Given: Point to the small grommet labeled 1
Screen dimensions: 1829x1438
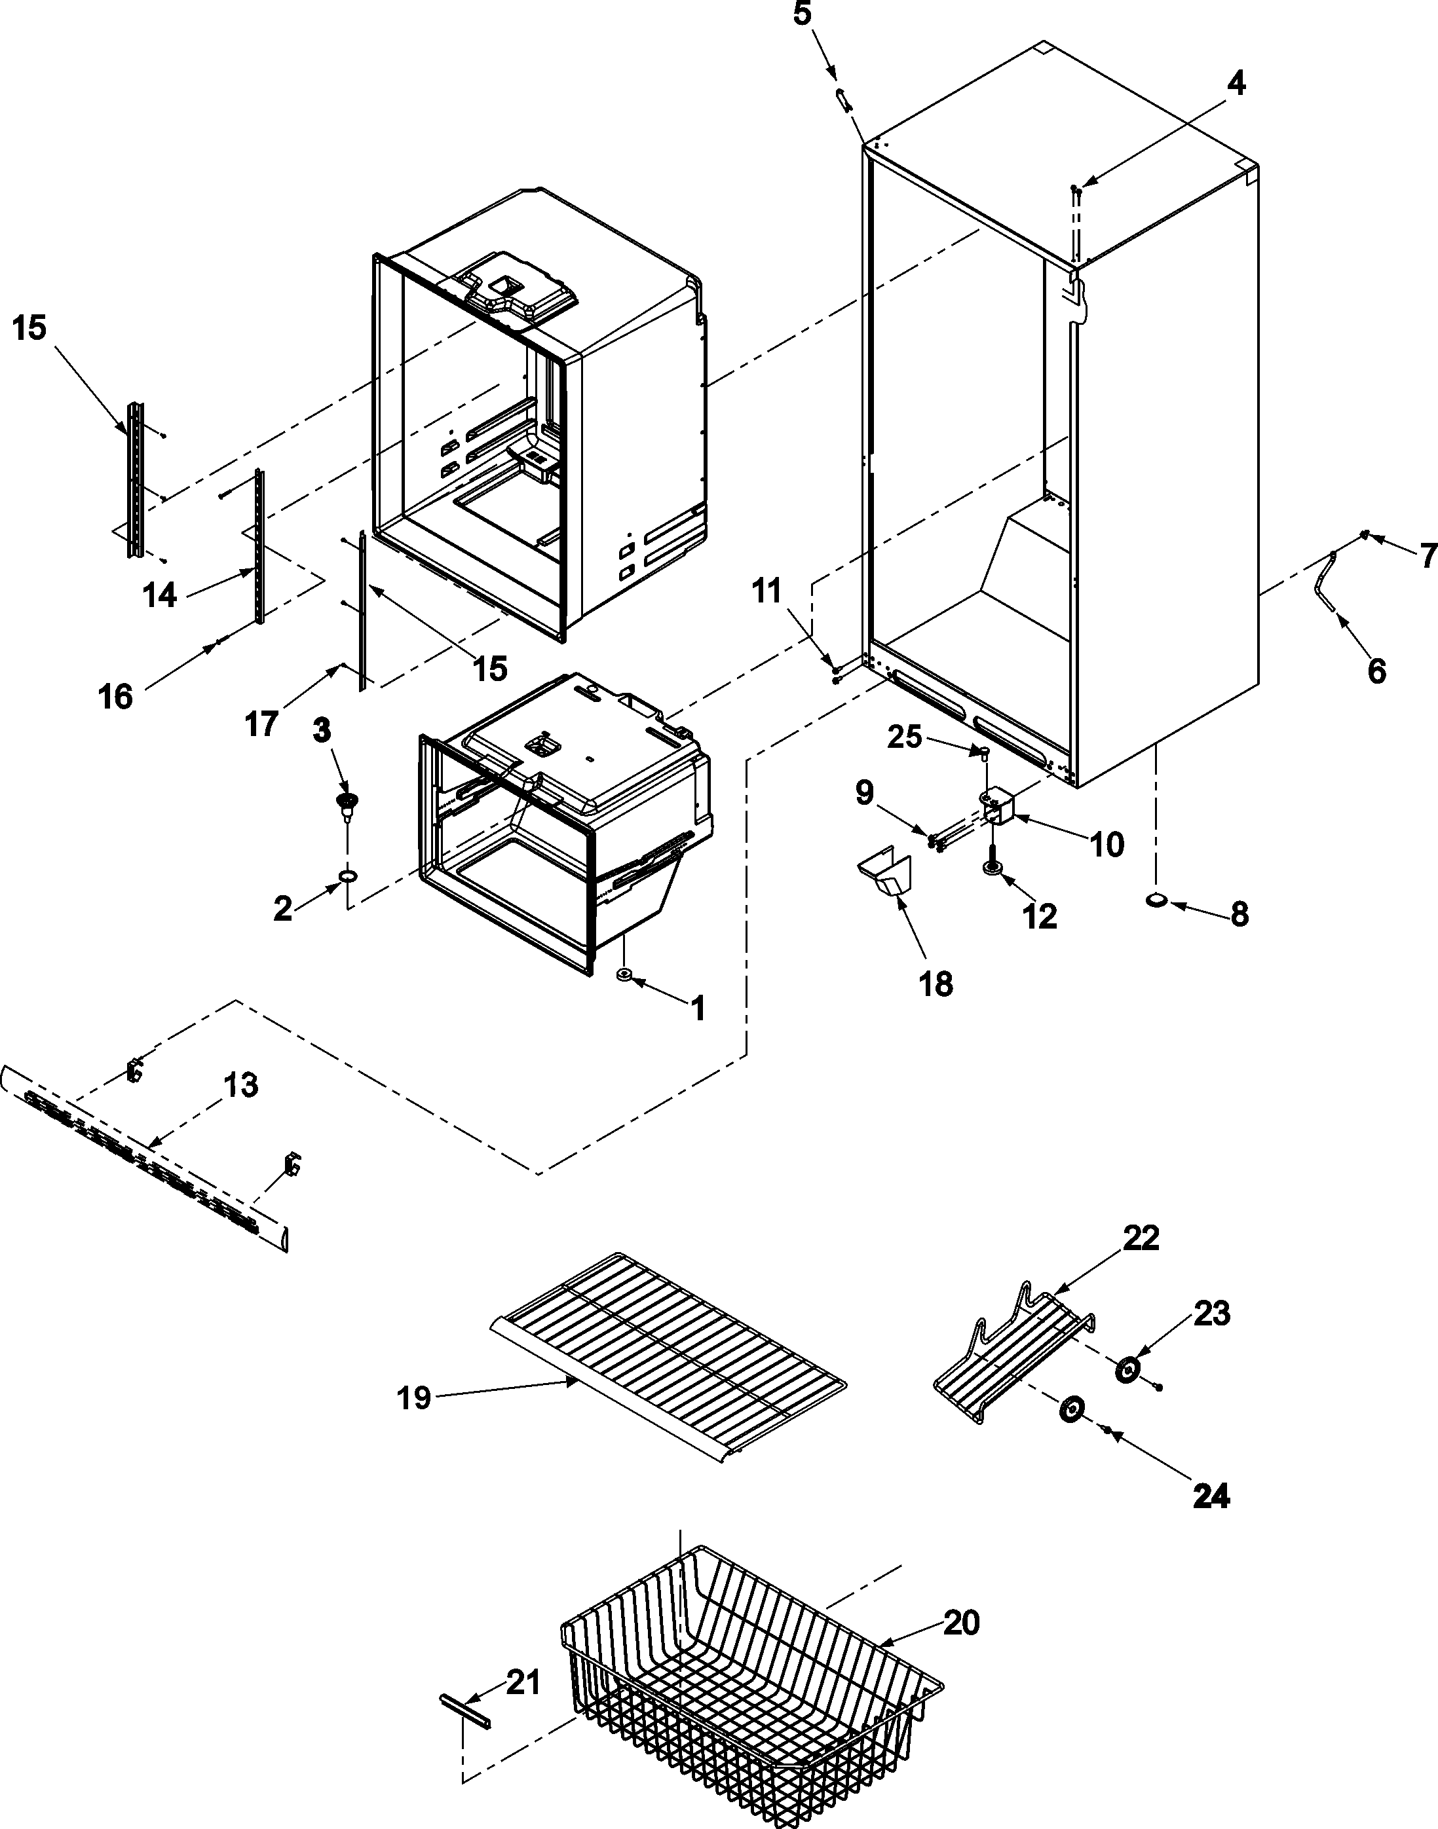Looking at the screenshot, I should pos(624,974).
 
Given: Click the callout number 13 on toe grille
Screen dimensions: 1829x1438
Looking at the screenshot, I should pos(241,1086).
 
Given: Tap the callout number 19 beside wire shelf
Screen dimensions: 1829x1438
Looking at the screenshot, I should pos(413,1398).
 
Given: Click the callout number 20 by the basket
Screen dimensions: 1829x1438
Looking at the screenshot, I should pos(960,1622).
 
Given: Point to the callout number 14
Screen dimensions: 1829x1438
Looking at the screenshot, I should pos(160,595).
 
